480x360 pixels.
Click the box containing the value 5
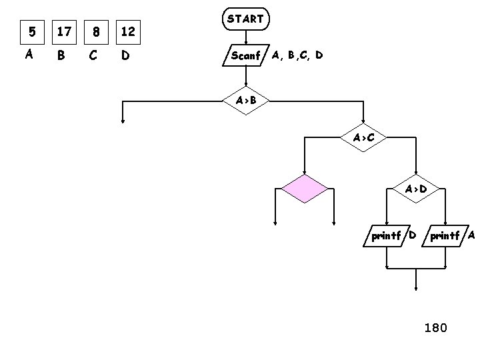29,31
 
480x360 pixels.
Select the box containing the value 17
65,31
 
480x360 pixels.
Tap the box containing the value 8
97,31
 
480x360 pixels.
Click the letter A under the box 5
29,55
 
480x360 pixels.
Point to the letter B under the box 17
61,56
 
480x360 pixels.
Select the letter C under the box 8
93,56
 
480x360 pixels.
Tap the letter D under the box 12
125,56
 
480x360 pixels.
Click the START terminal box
245,19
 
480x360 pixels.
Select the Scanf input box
245,55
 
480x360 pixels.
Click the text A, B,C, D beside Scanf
297,55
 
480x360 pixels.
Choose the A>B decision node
245,101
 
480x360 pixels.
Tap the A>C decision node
363,138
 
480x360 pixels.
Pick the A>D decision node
416,189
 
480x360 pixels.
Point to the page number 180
436,327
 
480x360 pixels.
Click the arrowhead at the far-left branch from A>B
123,121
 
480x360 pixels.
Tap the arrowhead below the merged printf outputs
416,288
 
